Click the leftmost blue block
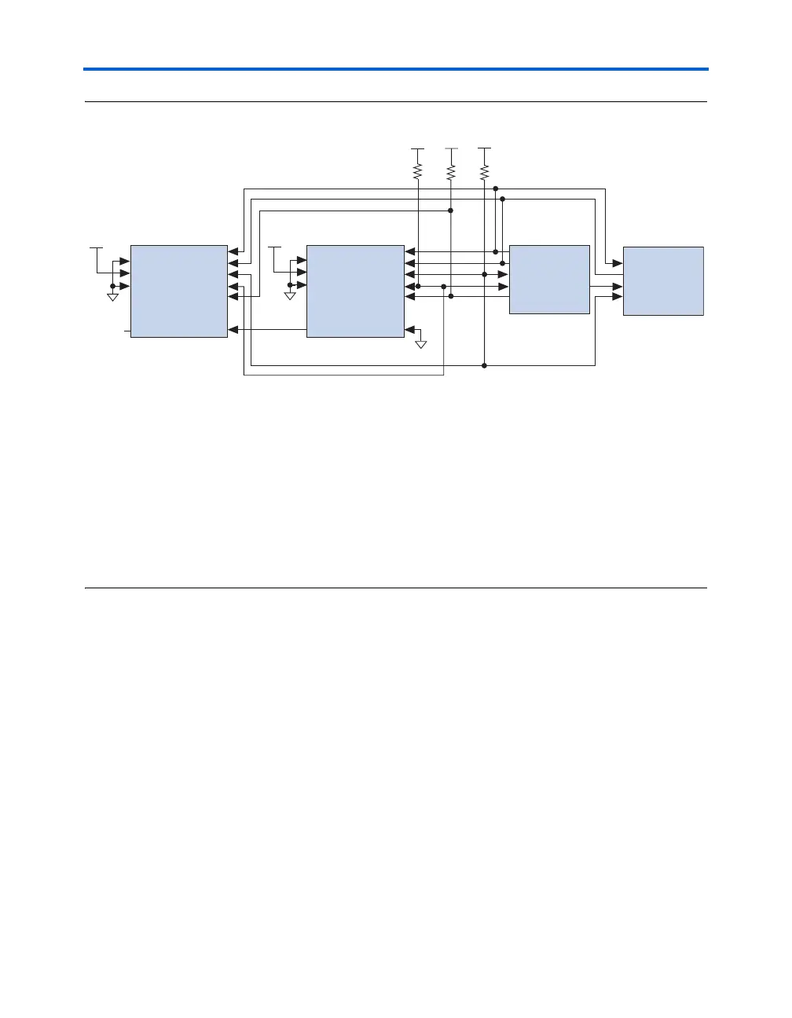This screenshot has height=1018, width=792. [x=178, y=291]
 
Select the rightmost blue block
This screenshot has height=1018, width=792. [x=663, y=280]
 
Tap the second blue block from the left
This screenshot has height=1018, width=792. [x=355, y=291]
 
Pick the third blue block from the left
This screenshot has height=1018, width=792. [x=549, y=279]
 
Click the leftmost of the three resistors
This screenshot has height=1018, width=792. [x=418, y=170]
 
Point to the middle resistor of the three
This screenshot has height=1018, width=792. [x=451, y=170]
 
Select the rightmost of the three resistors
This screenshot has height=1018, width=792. [x=484, y=170]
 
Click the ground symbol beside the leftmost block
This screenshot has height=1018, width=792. [x=113, y=297]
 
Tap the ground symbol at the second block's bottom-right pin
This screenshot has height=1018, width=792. [x=421, y=343]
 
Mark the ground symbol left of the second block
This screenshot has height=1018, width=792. [x=290, y=297]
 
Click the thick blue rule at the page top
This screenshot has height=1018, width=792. [x=396, y=69]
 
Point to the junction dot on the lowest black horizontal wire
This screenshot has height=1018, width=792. [x=485, y=365]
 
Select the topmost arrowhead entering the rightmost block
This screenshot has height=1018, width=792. [x=618, y=262]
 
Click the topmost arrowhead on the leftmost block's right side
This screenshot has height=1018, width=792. [x=233, y=252]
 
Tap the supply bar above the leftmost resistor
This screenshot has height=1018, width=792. [x=418, y=148]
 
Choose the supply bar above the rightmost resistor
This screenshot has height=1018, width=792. [x=484, y=148]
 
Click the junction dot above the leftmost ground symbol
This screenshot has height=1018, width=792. [x=113, y=286]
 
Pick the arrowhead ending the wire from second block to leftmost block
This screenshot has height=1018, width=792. [x=233, y=330]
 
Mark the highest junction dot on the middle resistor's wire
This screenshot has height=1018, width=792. [x=450, y=211]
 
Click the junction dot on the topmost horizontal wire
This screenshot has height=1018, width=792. [x=496, y=189]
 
